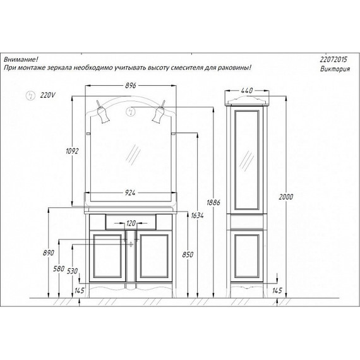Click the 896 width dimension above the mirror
click(x=130, y=85)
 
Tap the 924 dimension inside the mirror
click(x=130, y=193)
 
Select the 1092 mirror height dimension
click(x=72, y=151)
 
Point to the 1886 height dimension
click(x=213, y=203)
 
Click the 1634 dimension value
click(x=197, y=215)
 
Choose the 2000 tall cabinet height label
click(x=286, y=197)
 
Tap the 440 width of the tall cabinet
click(x=247, y=90)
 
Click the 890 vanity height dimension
click(x=49, y=253)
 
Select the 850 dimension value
click(x=188, y=255)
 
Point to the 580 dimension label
click(x=59, y=268)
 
